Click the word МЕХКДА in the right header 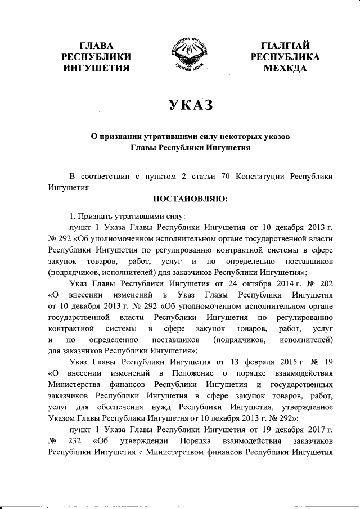[286, 68]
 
